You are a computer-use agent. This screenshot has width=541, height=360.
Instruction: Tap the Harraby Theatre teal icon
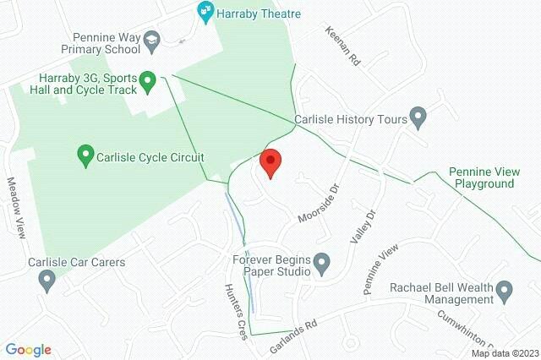(x=204, y=11)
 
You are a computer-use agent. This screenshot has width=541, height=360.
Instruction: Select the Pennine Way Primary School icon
(x=151, y=40)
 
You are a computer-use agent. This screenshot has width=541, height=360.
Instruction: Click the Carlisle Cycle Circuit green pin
(x=85, y=155)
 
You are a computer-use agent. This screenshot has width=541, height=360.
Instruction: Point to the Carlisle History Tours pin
(x=417, y=116)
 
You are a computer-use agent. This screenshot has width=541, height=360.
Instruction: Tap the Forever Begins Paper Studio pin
(x=321, y=266)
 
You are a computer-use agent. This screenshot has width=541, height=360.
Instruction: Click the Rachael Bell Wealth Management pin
(x=505, y=293)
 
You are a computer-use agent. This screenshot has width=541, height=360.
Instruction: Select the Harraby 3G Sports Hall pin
(x=148, y=82)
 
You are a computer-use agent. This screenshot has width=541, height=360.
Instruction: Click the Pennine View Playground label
(x=482, y=177)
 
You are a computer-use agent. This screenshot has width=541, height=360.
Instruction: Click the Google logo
(x=28, y=349)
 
